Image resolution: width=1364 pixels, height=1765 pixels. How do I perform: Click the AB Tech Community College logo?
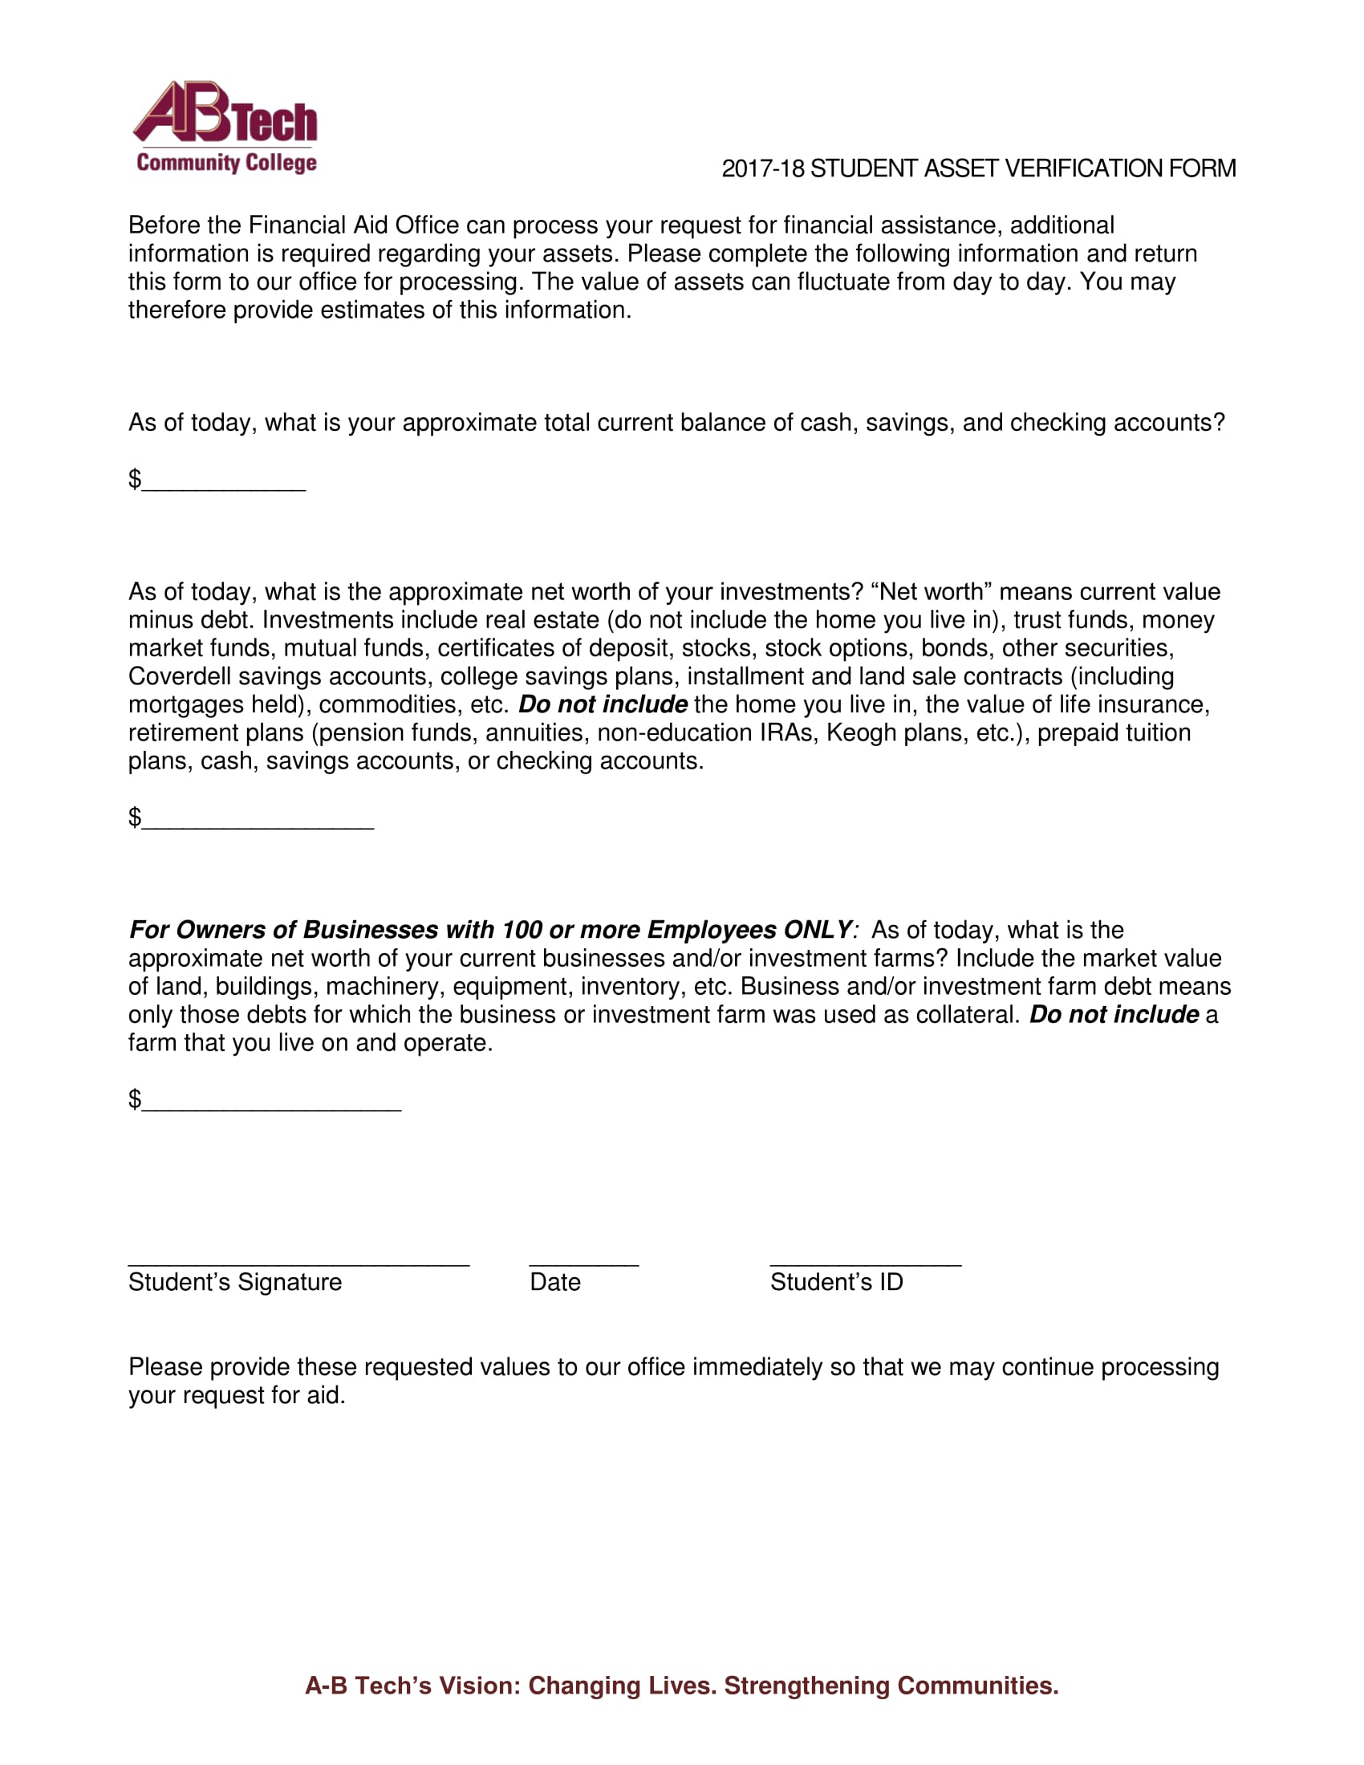click(225, 128)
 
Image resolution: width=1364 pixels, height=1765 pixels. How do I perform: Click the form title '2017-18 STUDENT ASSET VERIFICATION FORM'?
click(978, 169)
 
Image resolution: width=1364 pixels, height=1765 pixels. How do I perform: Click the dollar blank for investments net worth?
click(257, 821)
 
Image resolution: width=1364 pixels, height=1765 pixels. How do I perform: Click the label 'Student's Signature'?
click(234, 1283)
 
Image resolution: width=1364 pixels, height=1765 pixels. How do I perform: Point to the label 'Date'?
click(555, 1283)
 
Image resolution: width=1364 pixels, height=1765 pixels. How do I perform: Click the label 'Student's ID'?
click(835, 1283)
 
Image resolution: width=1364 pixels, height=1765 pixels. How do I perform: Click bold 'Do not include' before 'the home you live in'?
click(603, 704)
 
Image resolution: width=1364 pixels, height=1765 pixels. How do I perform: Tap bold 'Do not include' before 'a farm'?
click(1114, 1015)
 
